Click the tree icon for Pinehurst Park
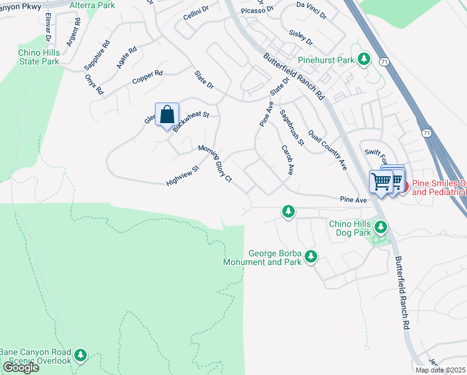point(364,60)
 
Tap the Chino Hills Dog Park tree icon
point(380,226)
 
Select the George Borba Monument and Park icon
point(310,256)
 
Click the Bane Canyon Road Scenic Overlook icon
point(80,356)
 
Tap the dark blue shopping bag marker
point(167,115)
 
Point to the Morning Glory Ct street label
point(215,164)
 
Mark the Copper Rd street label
point(147,78)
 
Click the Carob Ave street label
point(287,161)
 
